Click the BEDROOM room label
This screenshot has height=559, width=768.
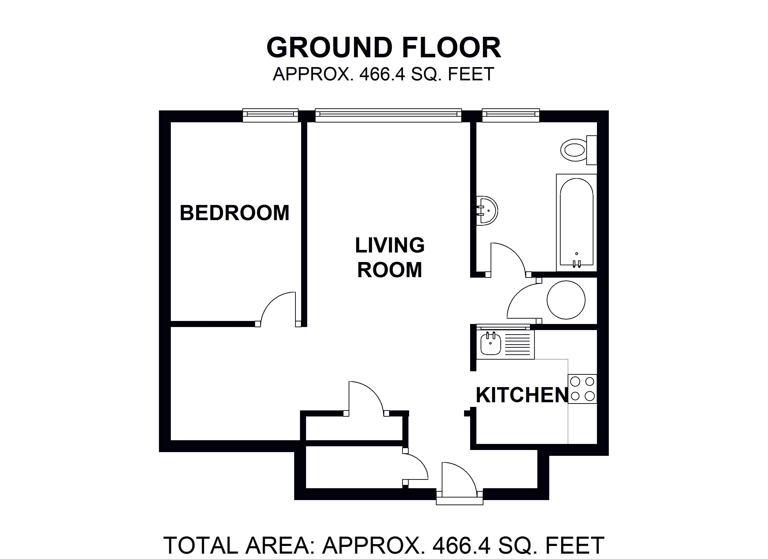pyautogui.click(x=234, y=213)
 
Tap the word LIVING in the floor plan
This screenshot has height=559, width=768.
pyautogui.click(x=390, y=245)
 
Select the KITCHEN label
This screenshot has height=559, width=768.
pyautogui.click(x=522, y=395)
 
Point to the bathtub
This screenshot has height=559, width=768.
pyautogui.click(x=576, y=223)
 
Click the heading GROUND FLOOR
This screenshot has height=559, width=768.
pyautogui.click(x=384, y=48)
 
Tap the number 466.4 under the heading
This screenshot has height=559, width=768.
pyautogui.click(x=382, y=74)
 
